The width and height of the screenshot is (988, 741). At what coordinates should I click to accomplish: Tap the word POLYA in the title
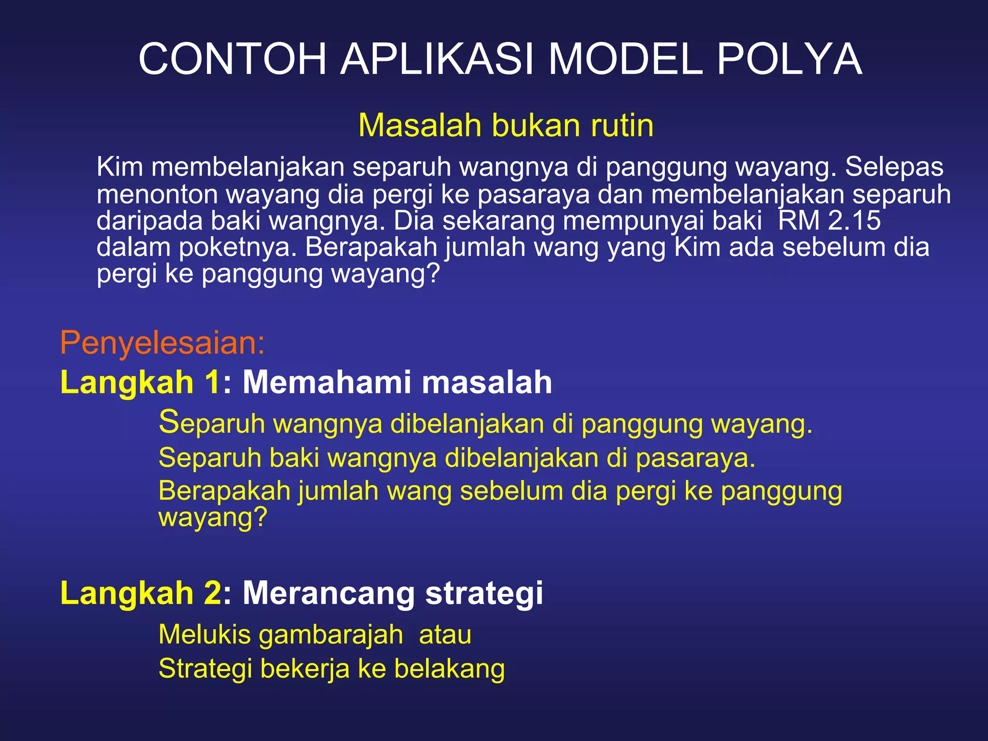click(x=789, y=59)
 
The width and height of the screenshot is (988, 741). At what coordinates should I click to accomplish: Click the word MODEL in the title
click(x=625, y=59)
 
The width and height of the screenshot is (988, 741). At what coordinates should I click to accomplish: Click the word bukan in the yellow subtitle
click(x=536, y=125)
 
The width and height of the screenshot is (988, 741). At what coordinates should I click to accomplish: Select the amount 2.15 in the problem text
click(x=854, y=220)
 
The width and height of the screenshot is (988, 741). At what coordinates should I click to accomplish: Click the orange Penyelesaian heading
click(x=163, y=343)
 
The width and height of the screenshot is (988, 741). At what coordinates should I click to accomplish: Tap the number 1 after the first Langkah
click(x=213, y=382)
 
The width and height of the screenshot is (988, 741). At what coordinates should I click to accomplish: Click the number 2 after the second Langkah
click(x=213, y=592)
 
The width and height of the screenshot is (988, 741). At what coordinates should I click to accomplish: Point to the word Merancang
click(x=329, y=592)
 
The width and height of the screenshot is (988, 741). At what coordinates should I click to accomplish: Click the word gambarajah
click(x=331, y=635)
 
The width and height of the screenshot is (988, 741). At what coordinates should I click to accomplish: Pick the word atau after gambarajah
click(x=445, y=635)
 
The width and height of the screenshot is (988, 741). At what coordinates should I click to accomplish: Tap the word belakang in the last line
click(x=449, y=669)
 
